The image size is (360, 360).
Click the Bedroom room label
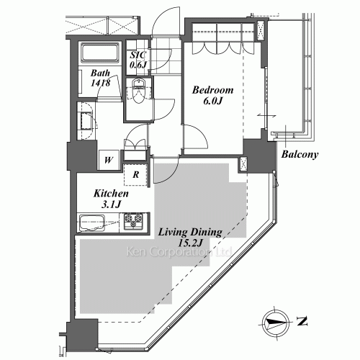point(212,90)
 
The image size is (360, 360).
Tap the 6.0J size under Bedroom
point(212,101)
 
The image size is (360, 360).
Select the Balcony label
point(300,154)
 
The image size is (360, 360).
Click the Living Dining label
point(190,232)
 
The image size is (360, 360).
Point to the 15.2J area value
point(190,243)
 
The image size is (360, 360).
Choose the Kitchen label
point(111,193)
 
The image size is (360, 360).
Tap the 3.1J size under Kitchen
point(111,204)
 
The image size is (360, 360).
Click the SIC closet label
point(138,55)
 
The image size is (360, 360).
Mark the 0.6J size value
point(138,65)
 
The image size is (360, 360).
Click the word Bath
point(100,73)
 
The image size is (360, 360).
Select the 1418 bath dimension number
point(100,83)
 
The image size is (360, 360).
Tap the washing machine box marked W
point(109,160)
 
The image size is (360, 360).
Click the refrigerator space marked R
point(135,174)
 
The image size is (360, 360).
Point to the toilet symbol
point(138,91)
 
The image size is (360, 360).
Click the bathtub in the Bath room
point(100,53)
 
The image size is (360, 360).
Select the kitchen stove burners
point(133,221)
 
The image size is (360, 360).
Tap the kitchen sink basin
point(92,223)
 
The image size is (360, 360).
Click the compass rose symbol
point(275,323)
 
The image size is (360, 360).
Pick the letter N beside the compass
point(302,322)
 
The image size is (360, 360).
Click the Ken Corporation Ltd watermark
point(179,252)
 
